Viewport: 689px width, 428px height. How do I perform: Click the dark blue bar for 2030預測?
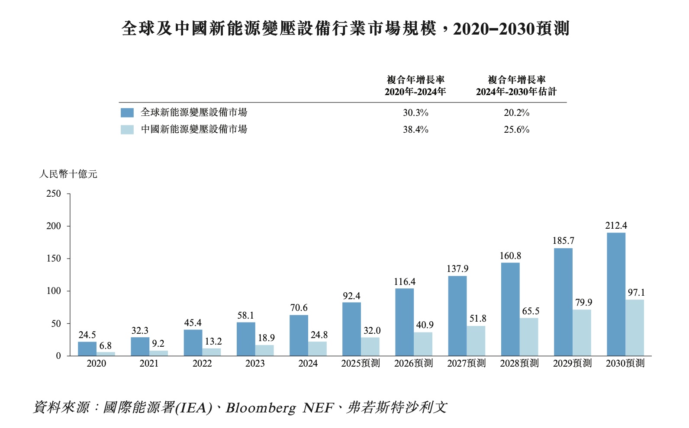(x=616, y=294)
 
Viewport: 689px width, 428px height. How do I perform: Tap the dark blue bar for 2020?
(x=87, y=349)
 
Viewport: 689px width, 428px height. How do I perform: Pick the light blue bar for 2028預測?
(x=529, y=337)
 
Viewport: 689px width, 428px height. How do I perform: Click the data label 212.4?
(x=616, y=226)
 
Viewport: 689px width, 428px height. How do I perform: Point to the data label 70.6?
(x=299, y=308)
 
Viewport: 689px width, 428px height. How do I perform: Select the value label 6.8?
(x=105, y=346)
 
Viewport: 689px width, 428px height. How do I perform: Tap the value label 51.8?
(x=478, y=319)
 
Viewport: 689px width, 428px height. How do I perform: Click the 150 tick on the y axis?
(x=54, y=259)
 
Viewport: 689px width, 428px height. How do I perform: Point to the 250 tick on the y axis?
(x=54, y=194)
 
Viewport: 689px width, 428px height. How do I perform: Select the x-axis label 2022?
(x=202, y=364)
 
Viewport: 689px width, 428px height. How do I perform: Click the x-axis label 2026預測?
(x=413, y=364)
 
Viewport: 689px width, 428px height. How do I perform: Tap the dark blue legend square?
(x=127, y=113)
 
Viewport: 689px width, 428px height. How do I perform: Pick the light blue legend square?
(x=127, y=130)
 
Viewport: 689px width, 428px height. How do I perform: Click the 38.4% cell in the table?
(x=415, y=130)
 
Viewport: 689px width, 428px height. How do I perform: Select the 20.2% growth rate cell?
(x=516, y=113)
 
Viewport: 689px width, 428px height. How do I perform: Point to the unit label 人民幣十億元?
(x=68, y=174)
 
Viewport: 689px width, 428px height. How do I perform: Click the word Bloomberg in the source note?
(x=261, y=408)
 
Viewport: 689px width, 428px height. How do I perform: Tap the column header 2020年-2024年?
(x=415, y=92)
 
